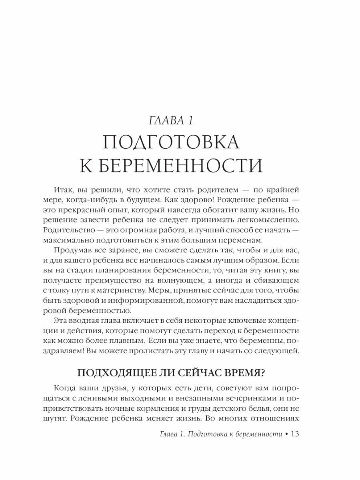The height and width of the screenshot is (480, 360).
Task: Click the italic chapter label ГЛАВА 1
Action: point(179,120)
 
